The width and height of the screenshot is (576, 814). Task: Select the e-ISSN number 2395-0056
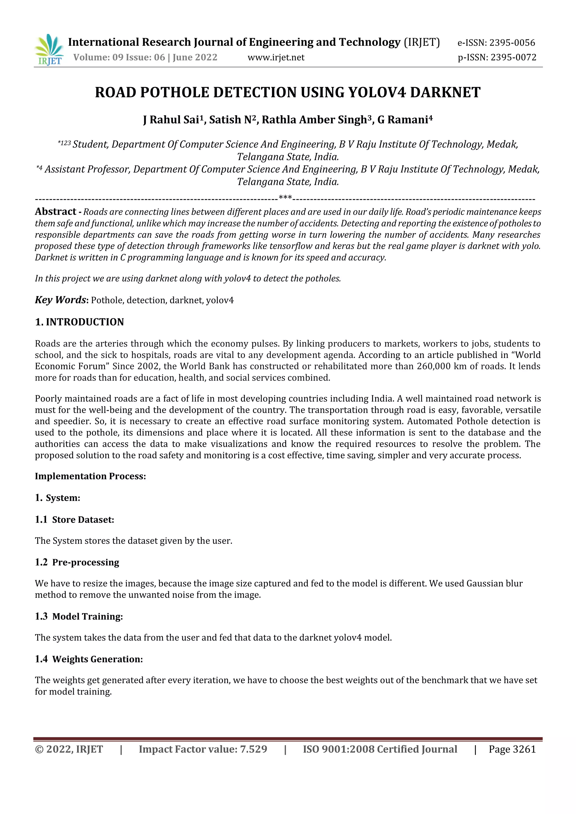(512, 43)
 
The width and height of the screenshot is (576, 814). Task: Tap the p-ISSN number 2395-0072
(513, 57)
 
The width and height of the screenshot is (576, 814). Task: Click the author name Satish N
(232, 120)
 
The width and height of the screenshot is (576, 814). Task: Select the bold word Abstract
(55, 212)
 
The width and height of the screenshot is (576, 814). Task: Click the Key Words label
(60, 300)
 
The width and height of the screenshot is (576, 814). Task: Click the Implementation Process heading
(90, 476)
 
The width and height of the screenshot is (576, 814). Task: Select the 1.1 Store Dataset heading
(75, 520)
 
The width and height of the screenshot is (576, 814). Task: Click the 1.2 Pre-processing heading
(77, 562)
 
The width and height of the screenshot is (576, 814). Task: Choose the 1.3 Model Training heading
(79, 616)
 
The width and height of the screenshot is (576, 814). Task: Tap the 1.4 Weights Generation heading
(89, 659)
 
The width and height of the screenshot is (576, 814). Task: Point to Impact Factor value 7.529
(203, 749)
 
